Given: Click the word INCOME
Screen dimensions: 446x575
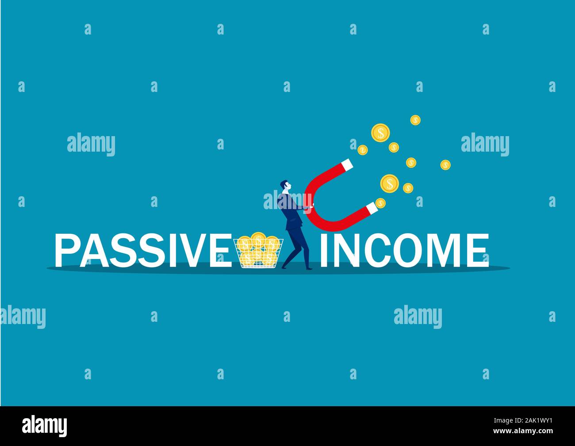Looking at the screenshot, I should coord(404,250).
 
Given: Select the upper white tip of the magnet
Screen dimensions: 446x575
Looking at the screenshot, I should coord(348,165).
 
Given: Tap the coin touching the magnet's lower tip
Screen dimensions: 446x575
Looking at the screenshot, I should coord(380,203).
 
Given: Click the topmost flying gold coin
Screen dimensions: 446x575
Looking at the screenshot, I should coord(415,120).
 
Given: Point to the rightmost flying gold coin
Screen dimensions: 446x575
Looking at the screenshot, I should coord(445,164).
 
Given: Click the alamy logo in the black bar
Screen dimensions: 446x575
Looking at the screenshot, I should coord(45,425).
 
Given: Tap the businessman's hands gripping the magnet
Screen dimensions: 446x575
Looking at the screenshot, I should coord(310,206).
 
